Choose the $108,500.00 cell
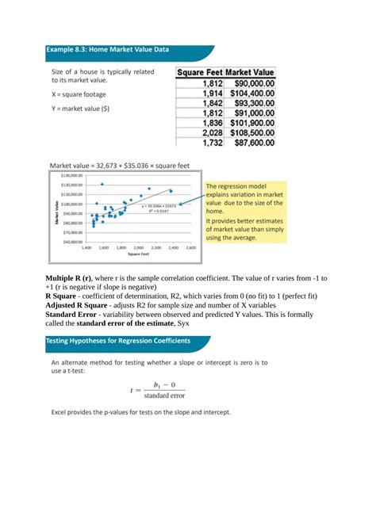pos(253,133)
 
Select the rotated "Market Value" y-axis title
pos(54,209)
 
